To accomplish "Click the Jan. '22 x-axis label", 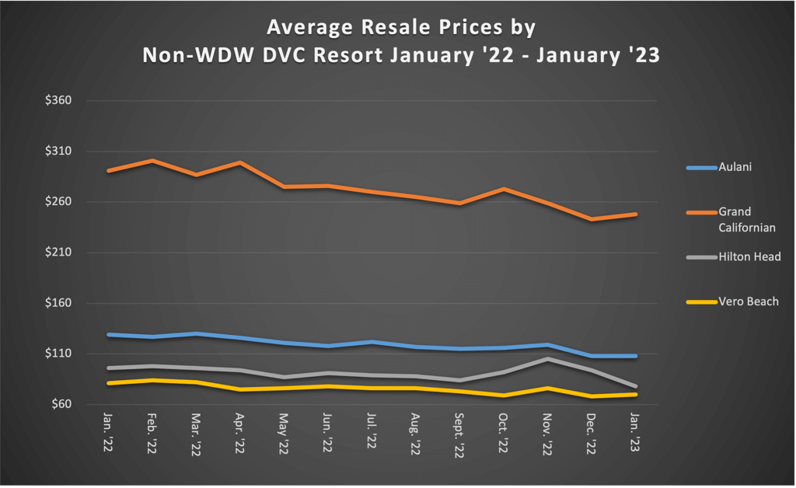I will pos(108,432).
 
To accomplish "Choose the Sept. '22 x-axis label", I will pos(459,436).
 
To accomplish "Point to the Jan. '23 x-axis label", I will pos(635,432).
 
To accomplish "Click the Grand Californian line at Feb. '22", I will pos(152,161).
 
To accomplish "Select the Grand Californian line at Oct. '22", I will pos(504,189).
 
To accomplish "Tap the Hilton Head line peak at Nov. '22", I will pos(548,359).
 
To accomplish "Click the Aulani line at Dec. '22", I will pos(592,356).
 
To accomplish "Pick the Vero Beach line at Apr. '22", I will pos(240,389).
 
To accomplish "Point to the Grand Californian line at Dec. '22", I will pos(592,219).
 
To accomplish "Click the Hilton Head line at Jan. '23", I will pos(636,386).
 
